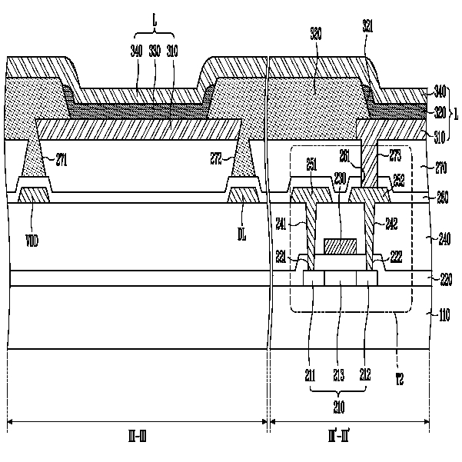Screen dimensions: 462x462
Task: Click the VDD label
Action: (x=32, y=241)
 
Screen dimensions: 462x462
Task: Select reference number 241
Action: (x=283, y=225)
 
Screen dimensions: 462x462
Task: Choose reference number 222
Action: (x=397, y=255)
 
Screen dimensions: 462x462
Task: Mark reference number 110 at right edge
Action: (x=444, y=313)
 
